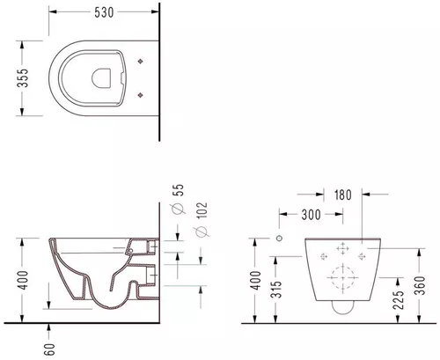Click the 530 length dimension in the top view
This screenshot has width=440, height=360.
(x=99, y=12)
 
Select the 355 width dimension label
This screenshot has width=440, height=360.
(x=11, y=82)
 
